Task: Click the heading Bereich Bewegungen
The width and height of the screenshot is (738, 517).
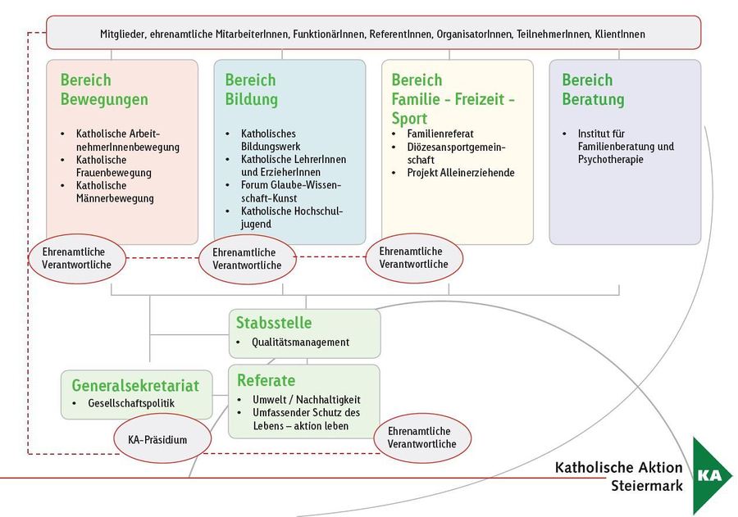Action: (104, 90)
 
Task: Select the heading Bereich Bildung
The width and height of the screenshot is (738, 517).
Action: (251, 90)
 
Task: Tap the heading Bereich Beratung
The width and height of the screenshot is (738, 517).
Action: (593, 90)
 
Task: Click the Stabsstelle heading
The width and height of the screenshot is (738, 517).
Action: (274, 323)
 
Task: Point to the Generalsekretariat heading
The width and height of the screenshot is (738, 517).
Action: (136, 385)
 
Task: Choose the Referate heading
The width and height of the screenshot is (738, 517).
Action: (266, 380)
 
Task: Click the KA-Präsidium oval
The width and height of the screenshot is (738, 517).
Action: (157, 440)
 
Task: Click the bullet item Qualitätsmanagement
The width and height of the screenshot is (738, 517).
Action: (300, 342)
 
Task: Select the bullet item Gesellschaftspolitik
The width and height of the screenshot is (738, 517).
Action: (131, 403)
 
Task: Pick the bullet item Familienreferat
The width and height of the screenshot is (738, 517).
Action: (440, 134)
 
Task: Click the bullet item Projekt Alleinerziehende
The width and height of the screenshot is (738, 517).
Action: (461, 173)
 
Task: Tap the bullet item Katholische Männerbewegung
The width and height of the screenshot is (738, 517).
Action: (115, 192)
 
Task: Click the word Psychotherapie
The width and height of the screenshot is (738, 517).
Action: (610, 160)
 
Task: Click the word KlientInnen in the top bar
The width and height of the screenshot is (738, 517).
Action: (620, 34)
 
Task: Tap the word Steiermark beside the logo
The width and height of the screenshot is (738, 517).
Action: (646, 486)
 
